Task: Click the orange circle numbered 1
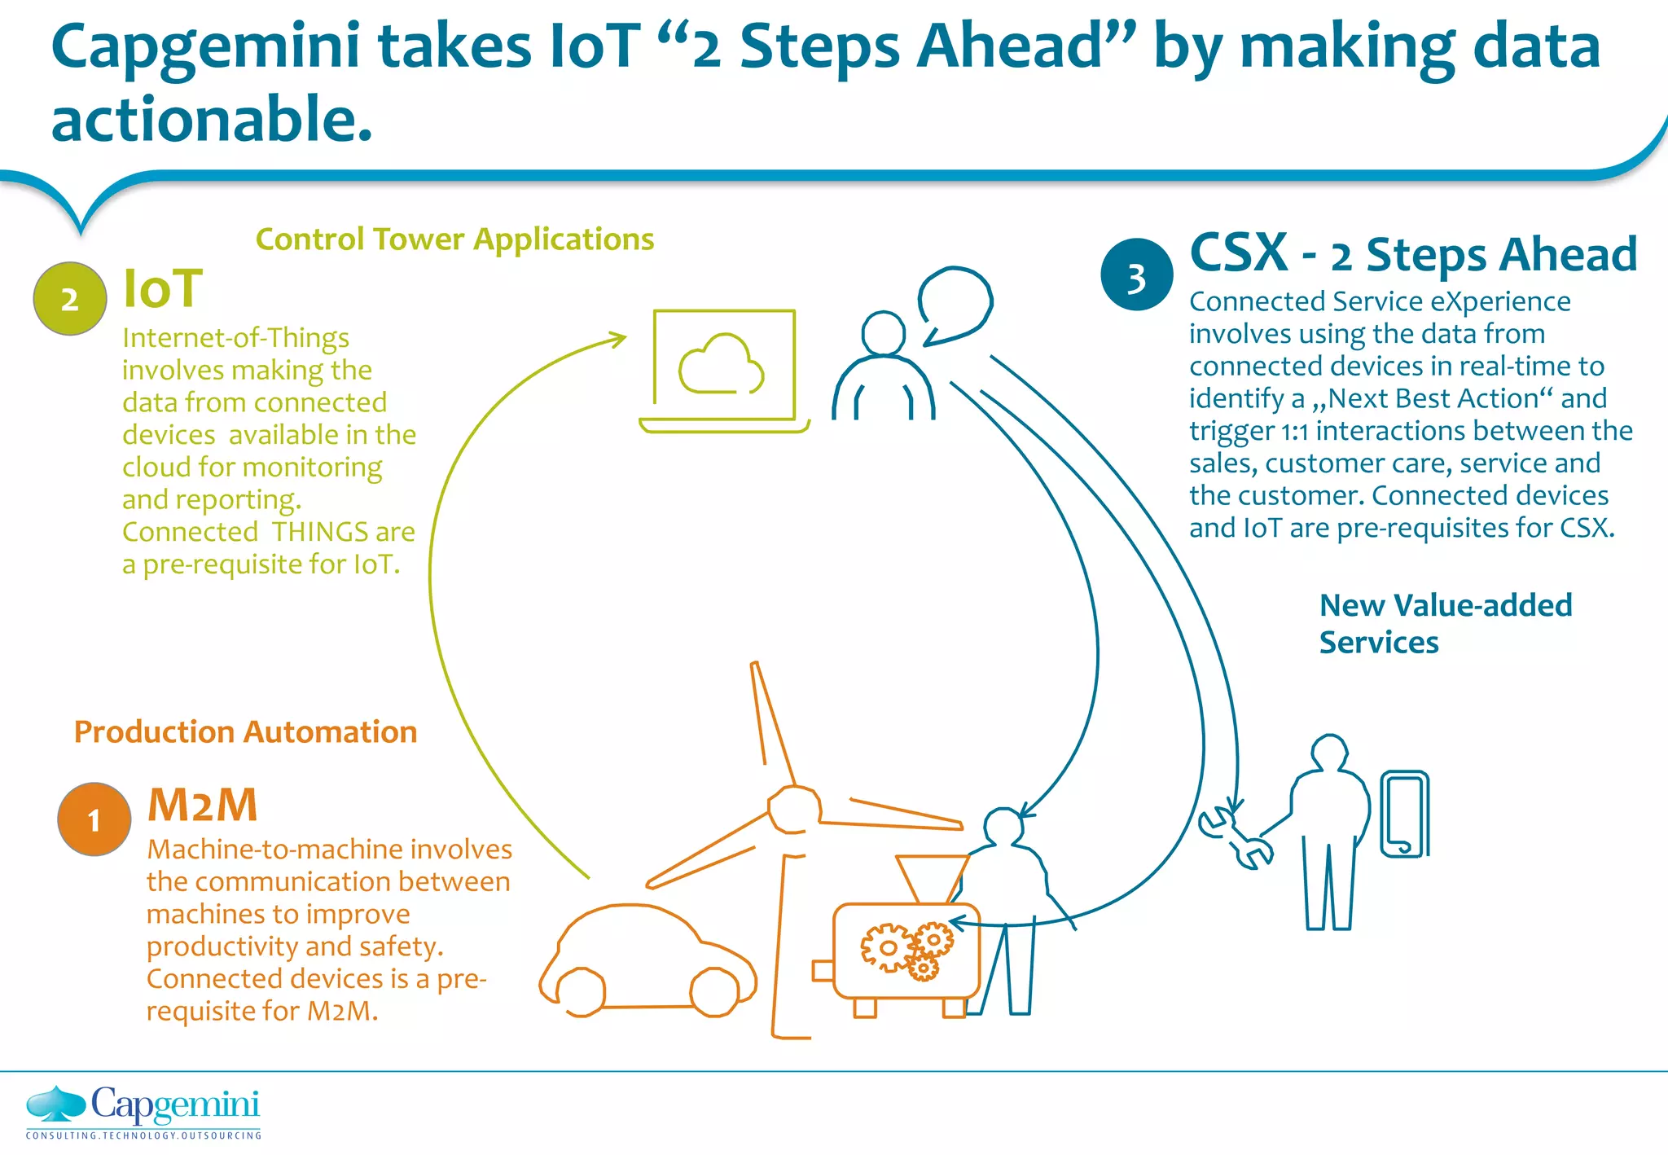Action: point(94,819)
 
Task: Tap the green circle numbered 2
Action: point(70,299)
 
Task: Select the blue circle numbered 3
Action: point(1136,274)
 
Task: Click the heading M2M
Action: point(203,805)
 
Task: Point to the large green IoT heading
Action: point(162,288)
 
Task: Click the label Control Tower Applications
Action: point(454,239)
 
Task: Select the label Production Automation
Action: point(245,731)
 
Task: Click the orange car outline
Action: point(647,961)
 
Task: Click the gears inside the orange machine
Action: point(906,950)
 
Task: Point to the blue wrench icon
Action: point(1234,837)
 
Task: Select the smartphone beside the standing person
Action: point(1405,814)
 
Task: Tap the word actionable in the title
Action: point(212,119)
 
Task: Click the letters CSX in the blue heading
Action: point(1239,253)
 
